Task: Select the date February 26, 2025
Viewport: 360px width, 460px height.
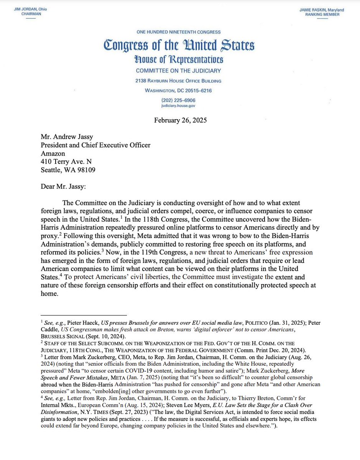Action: pos(180,120)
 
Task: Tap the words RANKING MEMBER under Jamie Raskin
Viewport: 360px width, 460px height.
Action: pos(328,15)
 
